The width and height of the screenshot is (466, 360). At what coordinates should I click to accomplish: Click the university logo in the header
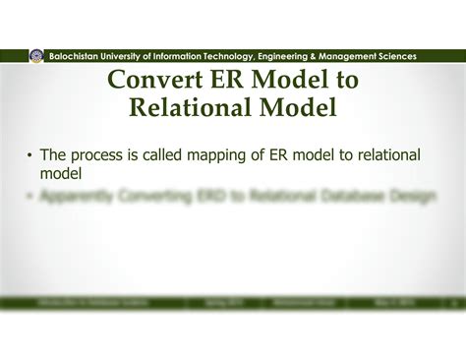pyautogui.click(x=36, y=56)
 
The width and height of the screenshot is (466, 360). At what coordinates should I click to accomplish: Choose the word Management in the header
pyautogui.click(x=358, y=57)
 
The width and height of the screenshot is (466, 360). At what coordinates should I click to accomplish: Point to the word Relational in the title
pyautogui.click(x=185, y=106)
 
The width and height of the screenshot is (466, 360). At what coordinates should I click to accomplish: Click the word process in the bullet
pyautogui.click(x=103, y=155)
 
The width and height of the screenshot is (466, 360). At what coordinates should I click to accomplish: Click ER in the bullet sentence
pyautogui.click(x=284, y=155)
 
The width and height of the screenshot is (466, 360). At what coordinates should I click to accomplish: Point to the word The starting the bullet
pyautogui.click(x=55, y=155)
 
